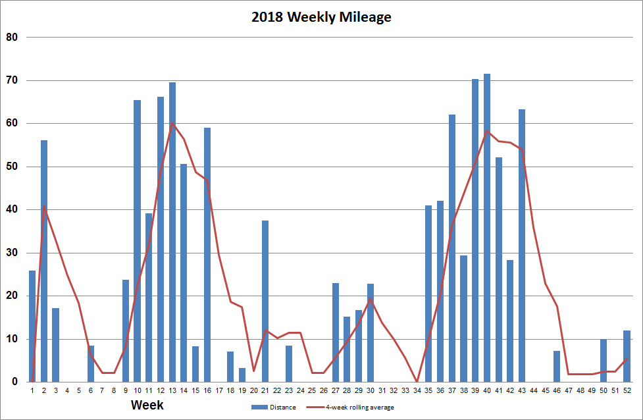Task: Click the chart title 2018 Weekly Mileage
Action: [321, 18]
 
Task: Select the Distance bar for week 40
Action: [487, 228]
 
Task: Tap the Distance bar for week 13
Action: [172, 232]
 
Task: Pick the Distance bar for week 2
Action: [44, 261]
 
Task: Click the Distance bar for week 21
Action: [265, 301]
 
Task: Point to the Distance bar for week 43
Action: [522, 245]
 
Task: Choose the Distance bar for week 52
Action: [627, 356]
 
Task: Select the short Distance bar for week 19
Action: [242, 375]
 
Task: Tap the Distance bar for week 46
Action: [557, 366]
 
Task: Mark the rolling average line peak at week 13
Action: [172, 123]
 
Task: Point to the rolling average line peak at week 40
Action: [487, 131]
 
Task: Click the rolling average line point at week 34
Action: [417, 381]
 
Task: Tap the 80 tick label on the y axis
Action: [11, 37]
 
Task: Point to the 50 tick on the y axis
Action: [11, 167]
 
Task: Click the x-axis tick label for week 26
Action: [323, 390]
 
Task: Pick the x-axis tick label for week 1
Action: [32, 390]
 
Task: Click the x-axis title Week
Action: [147, 405]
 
